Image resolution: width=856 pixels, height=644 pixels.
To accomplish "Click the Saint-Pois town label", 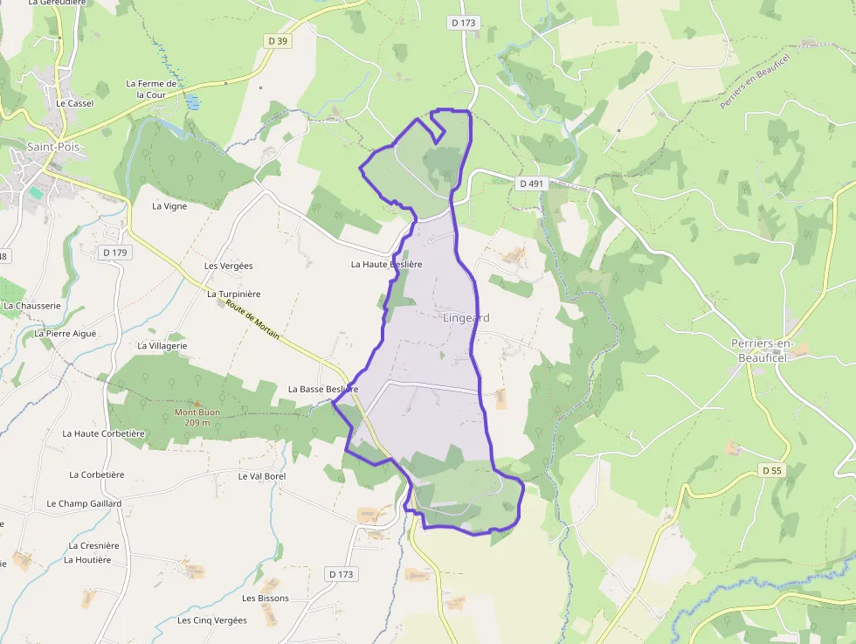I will pos(53,147).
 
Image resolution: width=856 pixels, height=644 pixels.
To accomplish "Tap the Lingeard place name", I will pos(466,318).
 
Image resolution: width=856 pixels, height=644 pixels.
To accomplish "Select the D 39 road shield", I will pos(278,41).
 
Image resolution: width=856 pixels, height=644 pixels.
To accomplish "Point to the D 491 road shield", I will pos(531,184).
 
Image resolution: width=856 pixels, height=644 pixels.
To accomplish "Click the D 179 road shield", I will pos(114,253).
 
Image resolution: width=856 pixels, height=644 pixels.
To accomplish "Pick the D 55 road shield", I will pos(771,470).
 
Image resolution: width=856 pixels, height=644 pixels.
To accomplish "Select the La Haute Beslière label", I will pos(386,264).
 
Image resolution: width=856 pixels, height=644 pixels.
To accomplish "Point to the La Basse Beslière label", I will pos(323,389).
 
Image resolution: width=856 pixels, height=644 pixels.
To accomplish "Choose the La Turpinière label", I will pos(233,294).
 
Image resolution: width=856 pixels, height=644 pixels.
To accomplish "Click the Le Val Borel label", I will pos(262,476).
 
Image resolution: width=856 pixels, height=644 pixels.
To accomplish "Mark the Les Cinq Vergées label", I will pos(212,620).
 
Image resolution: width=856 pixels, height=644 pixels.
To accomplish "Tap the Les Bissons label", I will pos(266,599).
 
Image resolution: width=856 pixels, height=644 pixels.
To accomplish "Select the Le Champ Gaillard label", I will pos(84,504).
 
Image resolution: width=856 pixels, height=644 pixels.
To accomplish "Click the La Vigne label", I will pos(169,206).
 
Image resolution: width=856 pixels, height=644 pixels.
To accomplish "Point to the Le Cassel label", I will pos(74,103).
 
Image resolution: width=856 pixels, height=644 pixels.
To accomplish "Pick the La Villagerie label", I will pos(162,346).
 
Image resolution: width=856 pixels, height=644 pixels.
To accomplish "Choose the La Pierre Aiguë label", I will pos(65,334).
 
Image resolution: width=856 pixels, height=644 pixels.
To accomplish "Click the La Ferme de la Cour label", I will pos(151,89).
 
